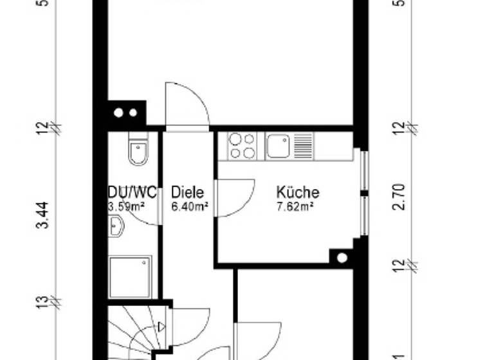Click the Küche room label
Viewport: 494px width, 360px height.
point(298,192)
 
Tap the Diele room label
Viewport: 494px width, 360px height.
point(188,192)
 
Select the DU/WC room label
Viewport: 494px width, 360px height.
point(132,192)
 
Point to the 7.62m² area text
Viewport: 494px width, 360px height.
point(295,206)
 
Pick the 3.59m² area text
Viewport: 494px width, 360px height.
point(126,206)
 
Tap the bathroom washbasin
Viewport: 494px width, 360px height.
point(116,226)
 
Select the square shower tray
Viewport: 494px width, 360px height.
point(131,277)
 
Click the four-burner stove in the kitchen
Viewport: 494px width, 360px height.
point(242,145)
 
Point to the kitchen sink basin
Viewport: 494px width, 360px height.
point(278,146)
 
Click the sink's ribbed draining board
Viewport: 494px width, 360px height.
point(303,146)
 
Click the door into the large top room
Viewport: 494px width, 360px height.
point(187,107)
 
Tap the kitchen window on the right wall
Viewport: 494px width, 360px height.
point(364,193)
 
